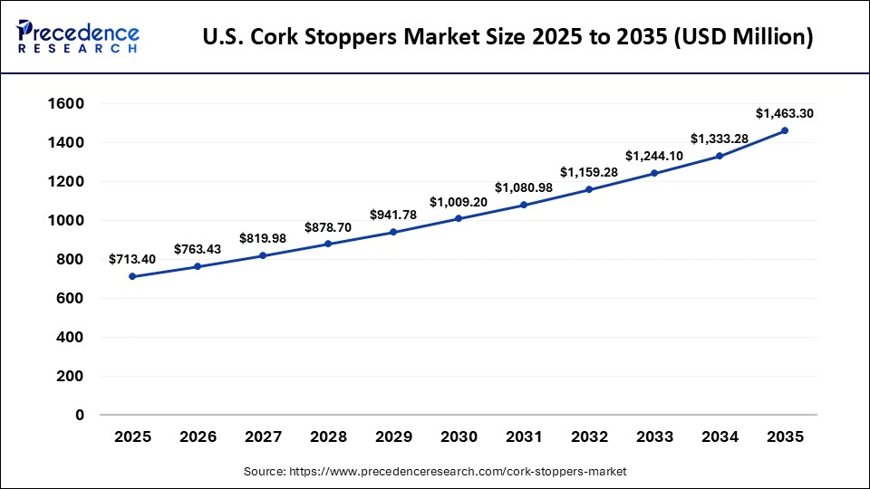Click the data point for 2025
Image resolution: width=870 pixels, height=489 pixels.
click(132, 276)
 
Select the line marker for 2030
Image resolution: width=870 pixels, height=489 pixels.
click(459, 218)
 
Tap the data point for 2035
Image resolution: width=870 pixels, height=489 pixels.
click(785, 130)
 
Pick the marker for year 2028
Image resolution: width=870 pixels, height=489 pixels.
click(328, 244)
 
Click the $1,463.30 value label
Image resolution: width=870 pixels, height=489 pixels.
click(785, 113)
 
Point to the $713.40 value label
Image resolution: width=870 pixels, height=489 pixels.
click(132, 259)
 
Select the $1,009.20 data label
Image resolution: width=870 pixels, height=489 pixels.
click(459, 201)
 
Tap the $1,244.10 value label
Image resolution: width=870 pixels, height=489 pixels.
click(654, 156)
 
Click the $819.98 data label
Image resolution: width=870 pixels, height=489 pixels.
click(263, 238)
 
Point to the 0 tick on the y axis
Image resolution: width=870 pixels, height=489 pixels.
click(79, 415)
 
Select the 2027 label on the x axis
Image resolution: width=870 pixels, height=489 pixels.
click(263, 436)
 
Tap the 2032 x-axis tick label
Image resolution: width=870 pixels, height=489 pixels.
click(589, 436)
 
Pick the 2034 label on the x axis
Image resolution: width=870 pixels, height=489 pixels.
click(720, 436)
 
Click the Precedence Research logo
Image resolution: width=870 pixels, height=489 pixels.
click(78, 36)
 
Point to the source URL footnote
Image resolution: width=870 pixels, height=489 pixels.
click(435, 472)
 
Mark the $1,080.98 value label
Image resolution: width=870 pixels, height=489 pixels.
click(524, 187)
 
